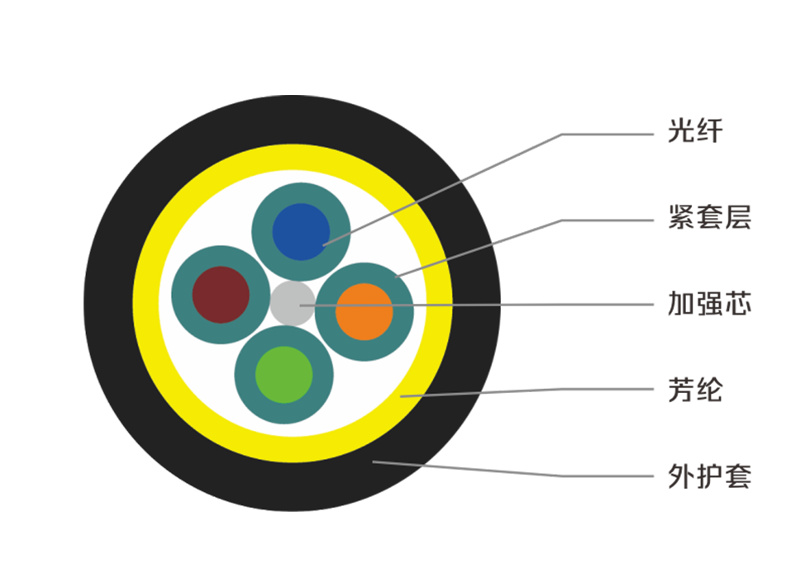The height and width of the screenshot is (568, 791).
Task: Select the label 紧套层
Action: coord(708,219)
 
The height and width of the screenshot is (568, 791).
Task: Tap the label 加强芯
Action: coord(708,305)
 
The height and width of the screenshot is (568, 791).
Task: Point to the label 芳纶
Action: coord(694,389)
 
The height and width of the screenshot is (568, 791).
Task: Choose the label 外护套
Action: coord(708,476)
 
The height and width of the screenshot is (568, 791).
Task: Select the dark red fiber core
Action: coord(221,294)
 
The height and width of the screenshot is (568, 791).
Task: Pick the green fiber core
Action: coord(284,375)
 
